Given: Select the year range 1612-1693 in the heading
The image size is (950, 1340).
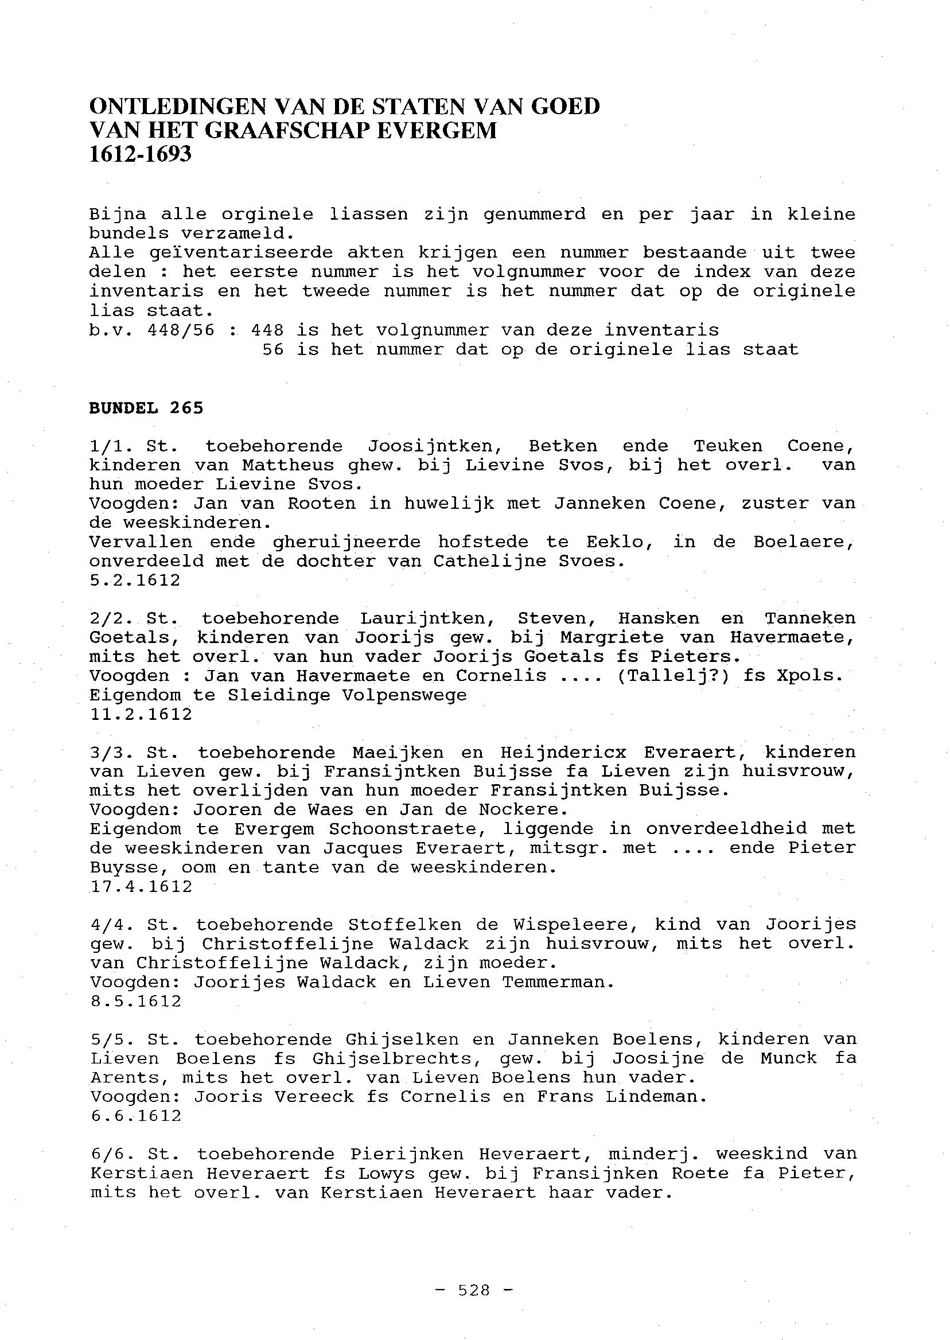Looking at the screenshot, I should coord(141,154).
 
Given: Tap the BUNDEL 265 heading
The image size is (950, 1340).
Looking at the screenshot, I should coord(146,408).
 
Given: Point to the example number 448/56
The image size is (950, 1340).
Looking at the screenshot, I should coord(181,330).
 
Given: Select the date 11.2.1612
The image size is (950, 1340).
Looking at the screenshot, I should coord(141,714).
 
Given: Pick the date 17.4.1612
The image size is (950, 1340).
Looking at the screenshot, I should coord(141,887).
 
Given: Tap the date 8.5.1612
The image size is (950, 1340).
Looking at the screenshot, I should coord(136,1002).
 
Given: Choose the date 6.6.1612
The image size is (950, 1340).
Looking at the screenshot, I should coord(136,1116).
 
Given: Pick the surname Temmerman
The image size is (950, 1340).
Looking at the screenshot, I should coord(558,983).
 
